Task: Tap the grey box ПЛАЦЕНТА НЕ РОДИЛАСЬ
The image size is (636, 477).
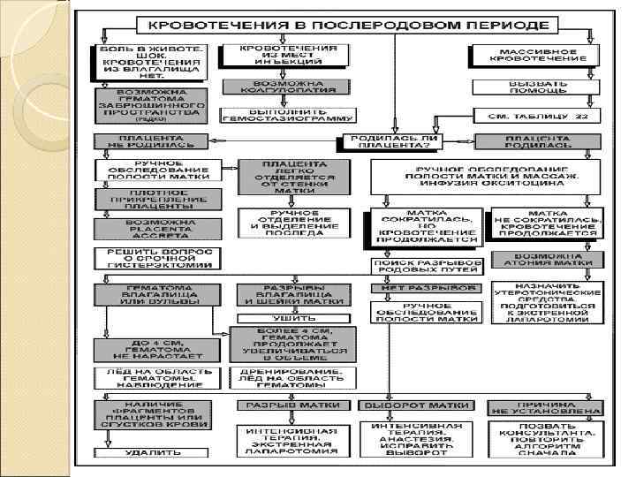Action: (x=151, y=142)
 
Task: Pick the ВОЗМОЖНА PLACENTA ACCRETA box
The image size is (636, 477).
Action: (x=151, y=230)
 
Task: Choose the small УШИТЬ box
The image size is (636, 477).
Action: (x=288, y=318)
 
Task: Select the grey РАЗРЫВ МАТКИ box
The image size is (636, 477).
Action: (x=288, y=405)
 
